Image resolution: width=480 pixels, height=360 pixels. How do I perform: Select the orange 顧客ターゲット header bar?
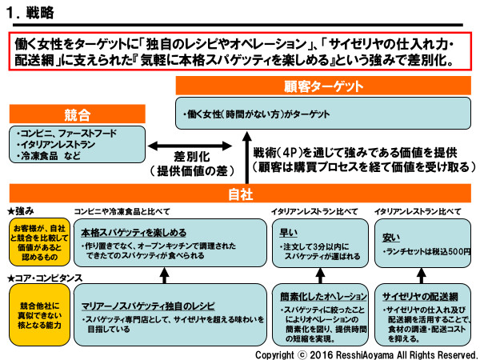324,86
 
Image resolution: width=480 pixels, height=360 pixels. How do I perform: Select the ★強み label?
22,210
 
